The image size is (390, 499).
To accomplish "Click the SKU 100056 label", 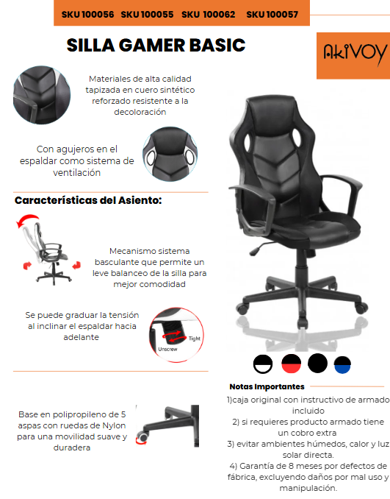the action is click(x=87, y=14).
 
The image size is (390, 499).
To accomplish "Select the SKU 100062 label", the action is click(x=209, y=14).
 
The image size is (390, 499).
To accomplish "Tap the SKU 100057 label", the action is click(x=272, y=14).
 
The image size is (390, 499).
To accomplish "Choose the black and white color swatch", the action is click(x=263, y=364).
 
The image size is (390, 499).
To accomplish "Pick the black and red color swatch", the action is click(x=292, y=364).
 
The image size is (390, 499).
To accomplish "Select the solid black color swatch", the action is click(x=317, y=363).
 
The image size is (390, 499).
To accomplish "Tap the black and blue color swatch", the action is click(x=342, y=365).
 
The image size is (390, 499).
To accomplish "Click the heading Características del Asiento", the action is click(x=88, y=200).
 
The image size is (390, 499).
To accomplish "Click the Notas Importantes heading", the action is click(x=267, y=386).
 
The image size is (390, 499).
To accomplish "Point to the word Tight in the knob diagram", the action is click(x=195, y=339).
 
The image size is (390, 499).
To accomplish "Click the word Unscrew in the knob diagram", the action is click(x=167, y=349).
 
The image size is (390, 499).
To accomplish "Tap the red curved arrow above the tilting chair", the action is click(x=27, y=219).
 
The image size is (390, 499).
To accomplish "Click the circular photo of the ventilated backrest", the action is click(x=170, y=154).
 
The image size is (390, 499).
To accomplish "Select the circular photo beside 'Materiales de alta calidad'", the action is click(x=42, y=95).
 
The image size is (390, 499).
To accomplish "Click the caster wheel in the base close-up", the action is click(x=143, y=437).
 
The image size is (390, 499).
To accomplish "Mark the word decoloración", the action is click(x=140, y=112).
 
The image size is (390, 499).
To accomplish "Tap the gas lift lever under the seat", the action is click(x=261, y=248).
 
